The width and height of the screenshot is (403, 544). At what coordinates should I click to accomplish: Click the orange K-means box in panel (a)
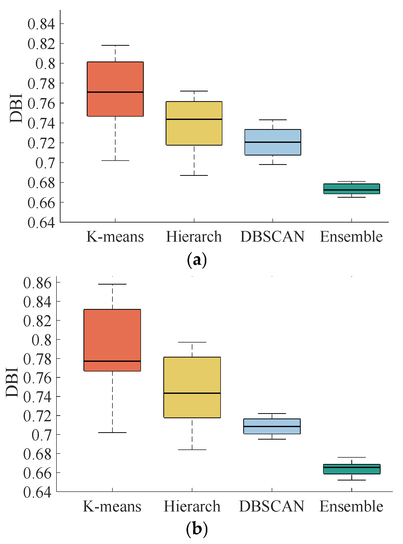pyautogui.click(x=115, y=76)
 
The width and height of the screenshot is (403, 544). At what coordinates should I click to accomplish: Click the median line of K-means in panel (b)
pyautogui.click(x=112, y=361)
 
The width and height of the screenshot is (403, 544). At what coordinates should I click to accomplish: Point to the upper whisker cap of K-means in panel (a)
pyautogui.click(x=115, y=45)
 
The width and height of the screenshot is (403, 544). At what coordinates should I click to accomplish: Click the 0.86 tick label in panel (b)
pyautogui.click(x=37, y=283)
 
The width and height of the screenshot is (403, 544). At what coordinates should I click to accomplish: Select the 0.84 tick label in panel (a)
pyautogui.click(x=41, y=24)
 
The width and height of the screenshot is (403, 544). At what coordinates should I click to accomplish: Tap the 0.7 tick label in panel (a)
pyautogui.click(x=45, y=163)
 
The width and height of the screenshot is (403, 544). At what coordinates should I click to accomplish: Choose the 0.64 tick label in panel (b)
pyautogui.click(x=37, y=492)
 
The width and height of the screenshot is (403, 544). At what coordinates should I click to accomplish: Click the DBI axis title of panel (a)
pyautogui.click(x=16, y=108)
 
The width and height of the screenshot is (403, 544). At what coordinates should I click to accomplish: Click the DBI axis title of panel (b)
pyautogui.click(x=12, y=382)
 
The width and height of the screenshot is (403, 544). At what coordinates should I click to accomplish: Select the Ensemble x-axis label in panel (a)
pyautogui.click(x=351, y=237)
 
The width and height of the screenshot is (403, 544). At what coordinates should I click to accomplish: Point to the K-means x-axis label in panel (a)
pyautogui.click(x=115, y=237)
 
